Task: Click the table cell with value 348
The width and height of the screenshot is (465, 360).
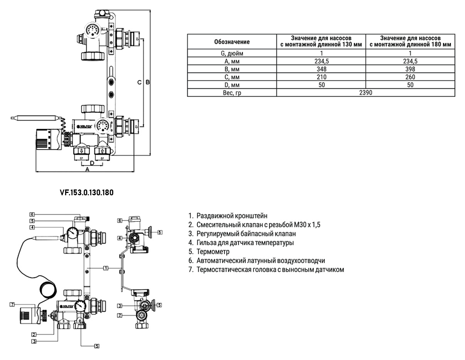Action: pyautogui.click(x=321, y=69)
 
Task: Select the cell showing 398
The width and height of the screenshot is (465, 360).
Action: pyautogui.click(x=410, y=69)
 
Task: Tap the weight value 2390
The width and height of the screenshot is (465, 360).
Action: pyautogui.click(x=366, y=93)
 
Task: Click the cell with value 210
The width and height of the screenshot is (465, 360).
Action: pyautogui.click(x=321, y=77)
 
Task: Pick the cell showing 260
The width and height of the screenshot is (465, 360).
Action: pyautogui.click(x=410, y=77)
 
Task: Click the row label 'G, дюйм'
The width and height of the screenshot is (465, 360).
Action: pyautogui.click(x=232, y=53)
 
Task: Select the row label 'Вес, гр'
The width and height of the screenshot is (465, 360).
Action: pyautogui.click(x=232, y=93)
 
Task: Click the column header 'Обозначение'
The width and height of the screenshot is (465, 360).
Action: pyautogui.click(x=232, y=42)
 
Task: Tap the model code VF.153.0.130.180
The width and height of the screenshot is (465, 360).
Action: pyautogui.click(x=86, y=192)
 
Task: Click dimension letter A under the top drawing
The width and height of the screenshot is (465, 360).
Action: pyautogui.click(x=87, y=170)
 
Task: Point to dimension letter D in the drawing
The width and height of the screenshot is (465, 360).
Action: pyautogui.click(x=92, y=163)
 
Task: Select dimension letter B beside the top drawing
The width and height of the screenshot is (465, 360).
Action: pyautogui.click(x=147, y=82)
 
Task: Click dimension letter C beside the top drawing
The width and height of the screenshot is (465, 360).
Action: pyautogui.click(x=140, y=82)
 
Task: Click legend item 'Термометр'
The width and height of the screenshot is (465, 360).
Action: pyautogui.click(x=213, y=252)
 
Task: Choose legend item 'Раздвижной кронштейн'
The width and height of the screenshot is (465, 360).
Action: pyautogui.click(x=232, y=216)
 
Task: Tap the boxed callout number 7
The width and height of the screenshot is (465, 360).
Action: pyautogui.click(x=12, y=305)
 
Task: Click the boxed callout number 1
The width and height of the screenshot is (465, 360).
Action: pyautogui.click(x=105, y=267)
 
